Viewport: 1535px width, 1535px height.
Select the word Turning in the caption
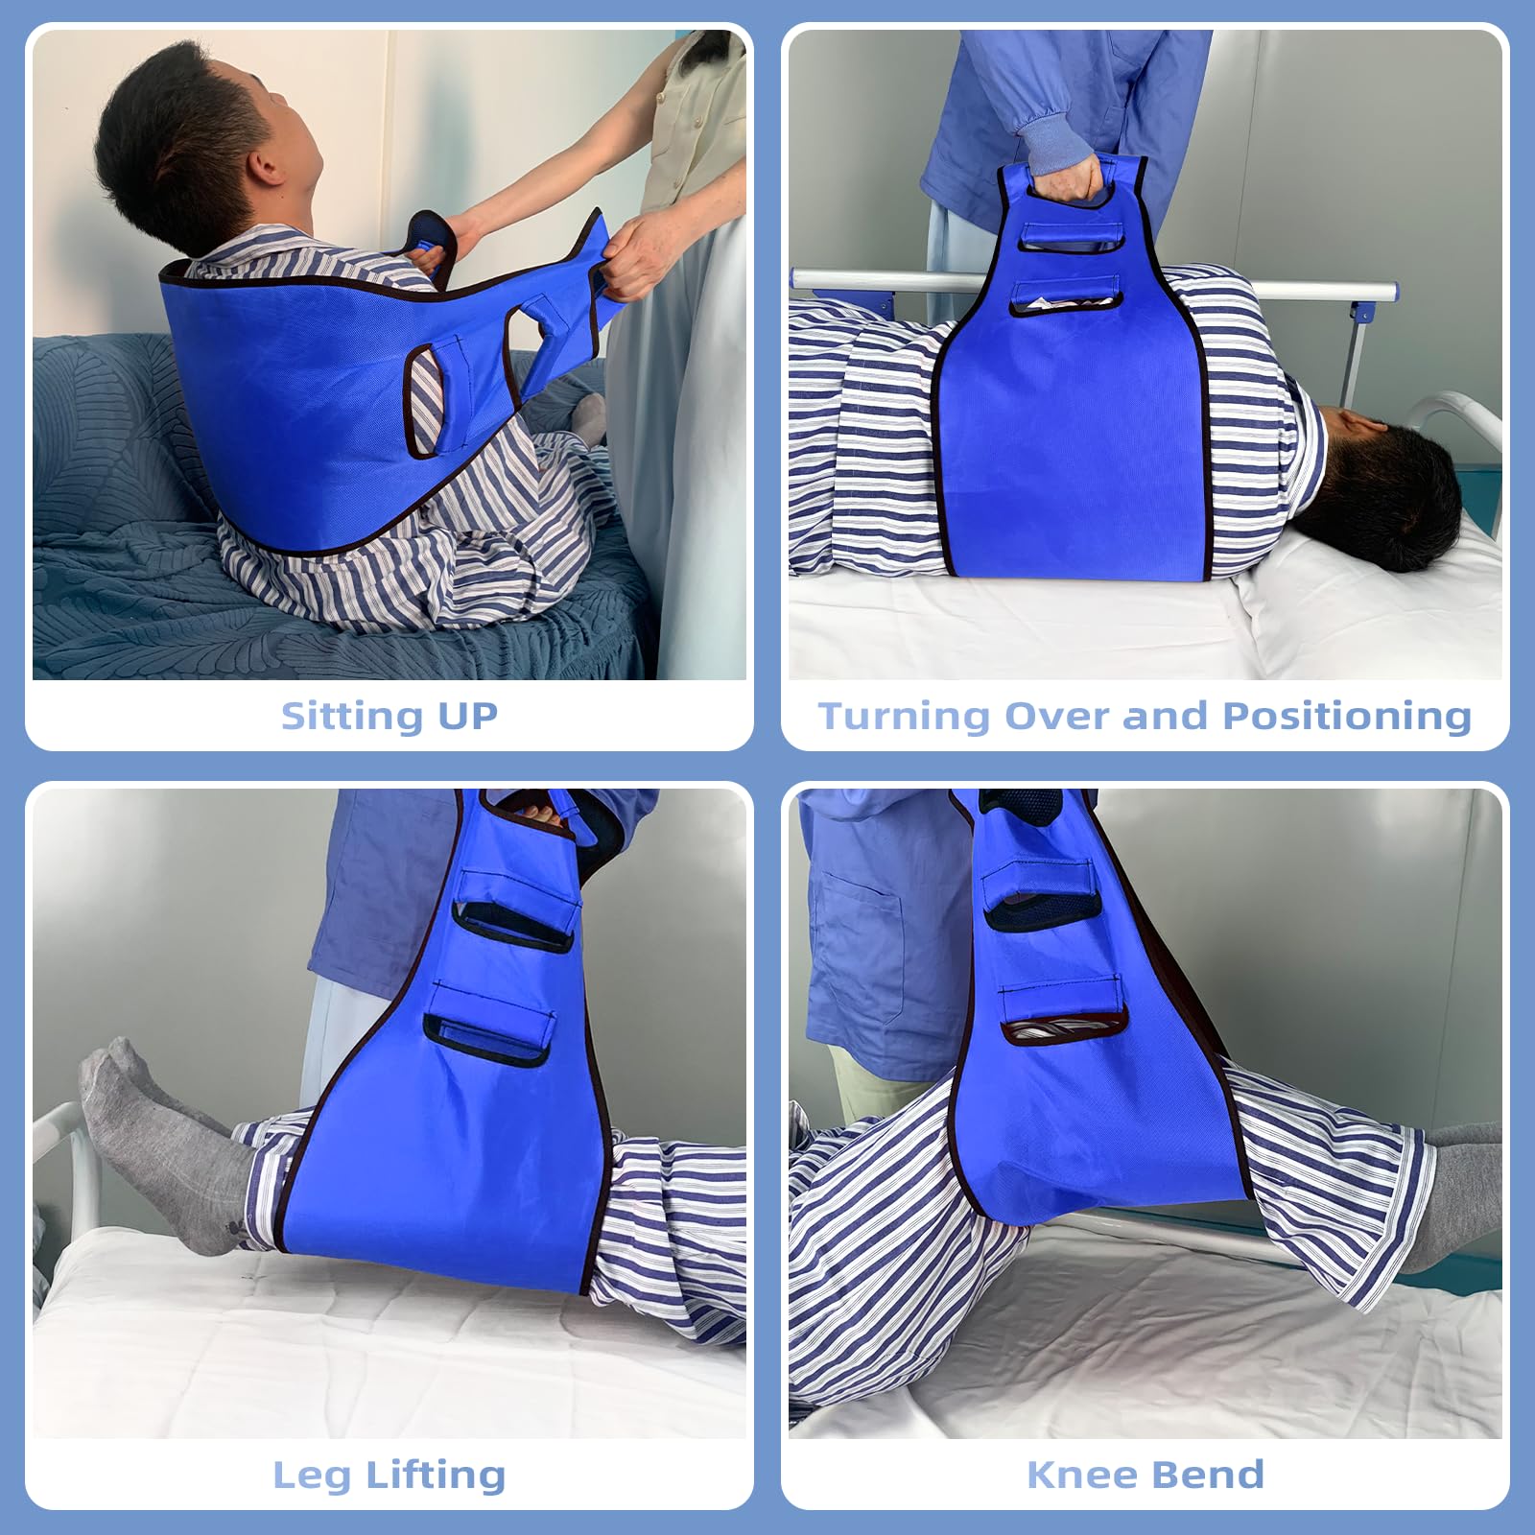click(903, 717)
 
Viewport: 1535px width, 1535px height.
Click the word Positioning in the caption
click(1347, 717)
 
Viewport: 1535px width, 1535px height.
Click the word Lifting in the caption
click(436, 1476)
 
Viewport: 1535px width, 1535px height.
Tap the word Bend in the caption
click(1207, 1475)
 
